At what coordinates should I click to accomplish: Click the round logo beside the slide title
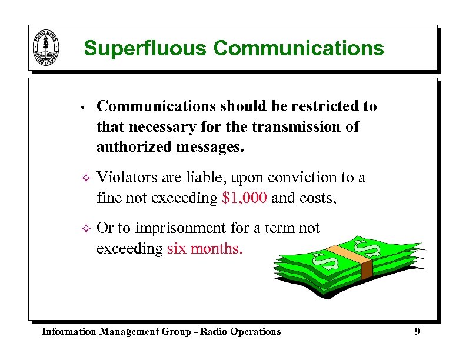point(46,49)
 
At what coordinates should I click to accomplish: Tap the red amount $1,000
point(245,199)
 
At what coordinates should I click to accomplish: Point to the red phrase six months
point(204,249)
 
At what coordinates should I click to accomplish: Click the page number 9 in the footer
point(417,332)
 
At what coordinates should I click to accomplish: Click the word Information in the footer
point(68,332)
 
